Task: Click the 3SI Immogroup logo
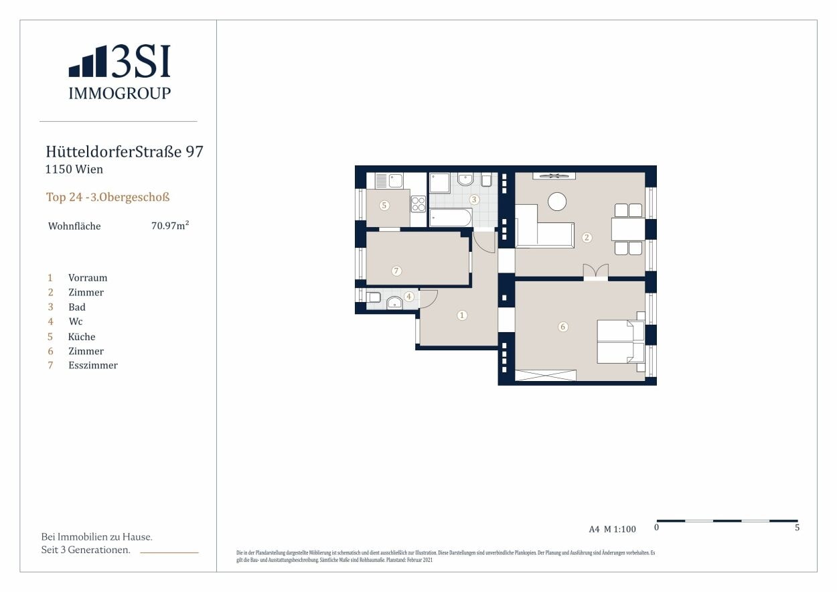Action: click(x=120, y=72)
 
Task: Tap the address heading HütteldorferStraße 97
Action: click(x=125, y=152)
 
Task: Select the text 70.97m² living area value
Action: click(x=170, y=226)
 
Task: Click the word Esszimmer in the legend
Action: click(x=93, y=365)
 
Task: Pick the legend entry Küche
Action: click(x=82, y=336)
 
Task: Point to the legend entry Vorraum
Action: click(x=88, y=278)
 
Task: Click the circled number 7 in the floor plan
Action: click(x=396, y=271)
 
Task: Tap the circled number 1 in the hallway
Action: click(x=462, y=315)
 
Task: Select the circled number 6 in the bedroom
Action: click(x=563, y=327)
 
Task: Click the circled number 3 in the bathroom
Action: click(x=474, y=200)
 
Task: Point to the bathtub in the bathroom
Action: click(x=451, y=218)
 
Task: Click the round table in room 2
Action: click(x=557, y=202)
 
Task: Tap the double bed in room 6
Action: click(x=621, y=342)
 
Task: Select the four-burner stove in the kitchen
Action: click(x=418, y=204)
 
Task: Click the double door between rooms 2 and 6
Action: click(x=596, y=271)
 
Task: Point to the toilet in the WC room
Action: click(x=373, y=297)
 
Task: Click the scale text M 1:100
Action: click(x=620, y=529)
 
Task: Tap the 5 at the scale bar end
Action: click(x=797, y=528)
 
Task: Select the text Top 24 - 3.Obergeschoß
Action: click(x=108, y=197)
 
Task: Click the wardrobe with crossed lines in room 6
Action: click(x=546, y=376)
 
